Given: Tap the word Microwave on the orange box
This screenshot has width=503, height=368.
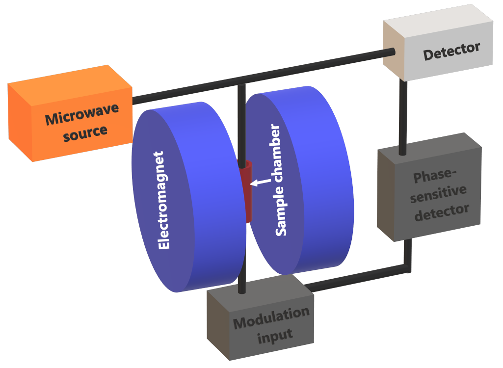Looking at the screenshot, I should click(82, 113).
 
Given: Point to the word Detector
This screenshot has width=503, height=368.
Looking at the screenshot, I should click(451, 51).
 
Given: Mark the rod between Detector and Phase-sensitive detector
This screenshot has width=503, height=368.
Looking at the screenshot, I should click(403, 118).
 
